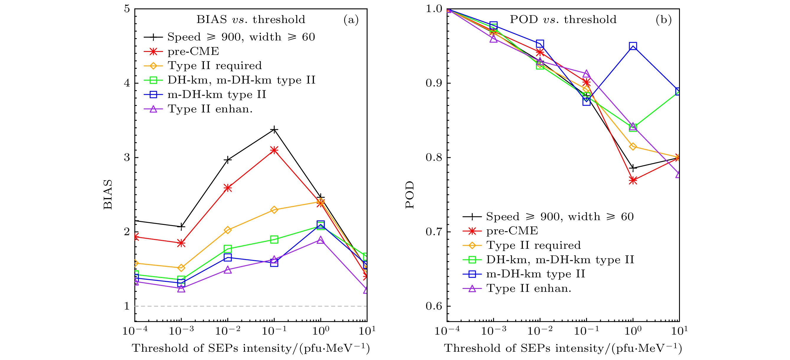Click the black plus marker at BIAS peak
[274, 130]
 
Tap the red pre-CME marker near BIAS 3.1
[274, 150]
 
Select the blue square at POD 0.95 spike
[633, 46]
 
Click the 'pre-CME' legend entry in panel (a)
[193, 51]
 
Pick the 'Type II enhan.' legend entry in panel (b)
[529, 288]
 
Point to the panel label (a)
[351, 20]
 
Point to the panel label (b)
[663, 20]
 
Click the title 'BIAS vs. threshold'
[251, 20]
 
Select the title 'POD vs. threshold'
[563, 20]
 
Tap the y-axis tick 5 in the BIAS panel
[127, 9]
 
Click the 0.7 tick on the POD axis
[433, 232]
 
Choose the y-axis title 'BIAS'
[108, 194]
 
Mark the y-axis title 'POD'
[410, 194]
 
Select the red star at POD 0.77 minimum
[633, 180]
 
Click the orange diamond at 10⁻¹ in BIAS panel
[274, 210]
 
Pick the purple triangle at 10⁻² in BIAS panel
[228, 270]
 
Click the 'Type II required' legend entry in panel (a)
[214, 66]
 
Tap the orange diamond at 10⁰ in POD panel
[633, 147]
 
